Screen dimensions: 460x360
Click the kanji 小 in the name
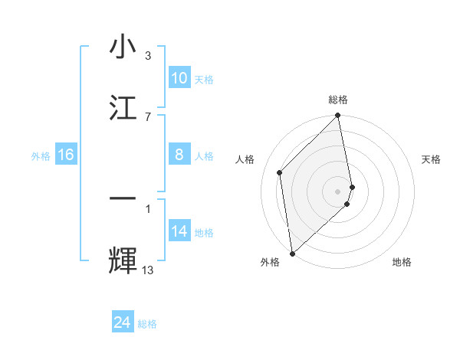point(123,47)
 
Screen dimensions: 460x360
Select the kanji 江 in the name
point(123,106)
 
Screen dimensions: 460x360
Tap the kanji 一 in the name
point(123,198)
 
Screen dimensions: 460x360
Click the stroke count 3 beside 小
point(148,56)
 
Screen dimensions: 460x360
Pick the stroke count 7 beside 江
point(148,116)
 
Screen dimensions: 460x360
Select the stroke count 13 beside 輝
point(148,270)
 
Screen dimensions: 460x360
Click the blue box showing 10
point(179,78)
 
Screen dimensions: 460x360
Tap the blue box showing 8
point(179,155)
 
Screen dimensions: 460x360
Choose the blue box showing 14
point(179,231)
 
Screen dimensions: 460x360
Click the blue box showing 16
point(66,155)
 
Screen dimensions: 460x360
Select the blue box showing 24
point(123,322)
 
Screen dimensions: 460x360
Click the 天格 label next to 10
point(204,80)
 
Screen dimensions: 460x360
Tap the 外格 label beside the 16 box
point(41,156)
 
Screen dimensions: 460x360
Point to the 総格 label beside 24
point(147,324)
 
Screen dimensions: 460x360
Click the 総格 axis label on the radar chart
point(338,100)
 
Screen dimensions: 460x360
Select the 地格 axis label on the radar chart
point(402,262)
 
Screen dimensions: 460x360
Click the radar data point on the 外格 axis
point(291,253)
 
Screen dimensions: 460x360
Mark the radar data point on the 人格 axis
point(280,172)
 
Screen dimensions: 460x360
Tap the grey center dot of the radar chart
point(338,191)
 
